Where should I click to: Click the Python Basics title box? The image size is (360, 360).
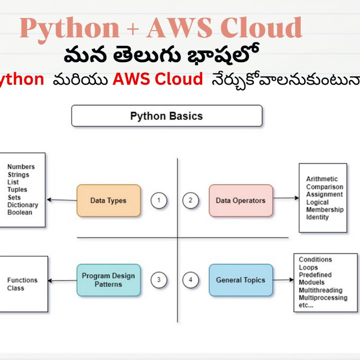pos(166,116)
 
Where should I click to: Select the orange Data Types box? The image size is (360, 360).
pos(108,201)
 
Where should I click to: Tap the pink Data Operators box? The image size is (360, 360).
pos(241,201)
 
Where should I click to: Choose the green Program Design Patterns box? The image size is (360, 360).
pos(108,280)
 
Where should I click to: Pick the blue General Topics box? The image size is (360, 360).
pos(241,280)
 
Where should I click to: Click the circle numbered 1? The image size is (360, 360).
pos(159,201)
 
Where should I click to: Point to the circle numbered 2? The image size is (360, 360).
pos(190,201)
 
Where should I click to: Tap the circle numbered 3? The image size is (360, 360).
pos(159,280)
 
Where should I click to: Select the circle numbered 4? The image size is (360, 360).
pos(190,280)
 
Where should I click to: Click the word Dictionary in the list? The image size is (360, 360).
pos(23,205)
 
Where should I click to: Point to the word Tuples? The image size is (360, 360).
pos(18,189)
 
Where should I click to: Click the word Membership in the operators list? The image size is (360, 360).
pos(325,210)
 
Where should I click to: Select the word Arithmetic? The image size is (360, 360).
pos(322,179)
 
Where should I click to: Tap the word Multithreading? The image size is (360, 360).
pos(320,290)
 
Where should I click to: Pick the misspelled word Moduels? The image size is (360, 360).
pos(312,282)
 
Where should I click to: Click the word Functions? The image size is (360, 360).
pos(22,280)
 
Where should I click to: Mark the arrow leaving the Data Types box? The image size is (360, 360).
pos(62,200)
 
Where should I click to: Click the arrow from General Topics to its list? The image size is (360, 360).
pos(283,280)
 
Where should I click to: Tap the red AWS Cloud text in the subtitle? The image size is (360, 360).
pos(157,80)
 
